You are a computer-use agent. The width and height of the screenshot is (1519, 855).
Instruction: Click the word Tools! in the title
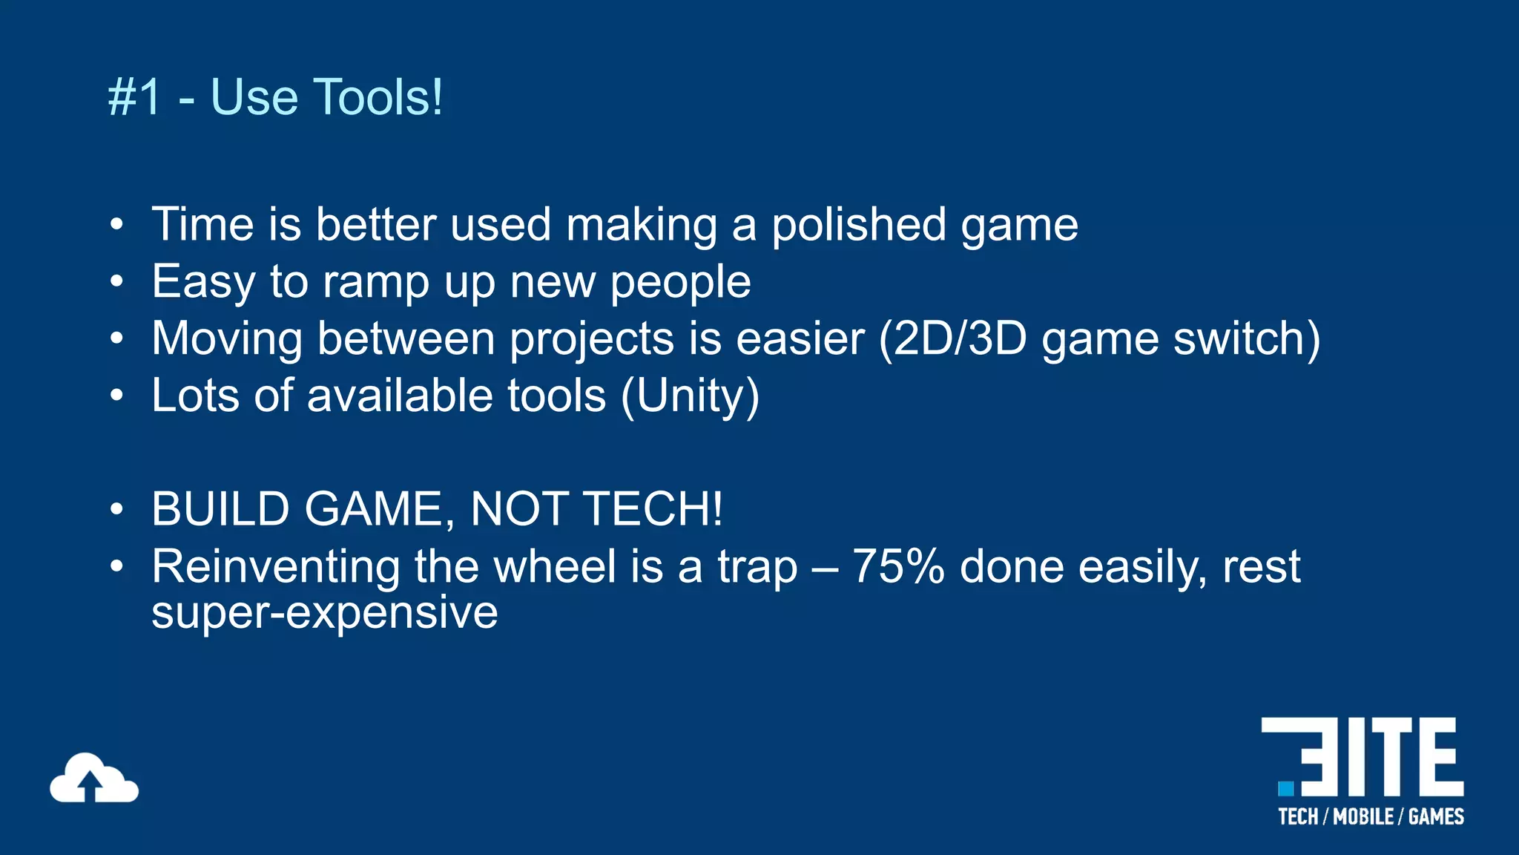click(379, 97)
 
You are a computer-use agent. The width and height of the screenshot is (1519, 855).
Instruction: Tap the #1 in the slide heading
click(134, 97)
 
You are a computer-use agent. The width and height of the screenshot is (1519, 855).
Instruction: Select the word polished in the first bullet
click(858, 225)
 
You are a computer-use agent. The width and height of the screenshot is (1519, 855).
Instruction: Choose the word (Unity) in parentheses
click(690, 396)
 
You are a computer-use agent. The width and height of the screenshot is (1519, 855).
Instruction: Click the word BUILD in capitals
click(220, 510)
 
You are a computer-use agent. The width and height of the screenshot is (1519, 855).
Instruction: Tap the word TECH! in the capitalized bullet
click(653, 510)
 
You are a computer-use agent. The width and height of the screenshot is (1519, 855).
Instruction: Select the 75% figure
click(898, 567)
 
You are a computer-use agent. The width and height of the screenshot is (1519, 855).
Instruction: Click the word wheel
click(555, 567)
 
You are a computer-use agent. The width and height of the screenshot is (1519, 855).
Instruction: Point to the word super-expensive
click(324, 613)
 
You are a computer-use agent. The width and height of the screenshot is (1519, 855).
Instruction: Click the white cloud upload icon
click(93, 779)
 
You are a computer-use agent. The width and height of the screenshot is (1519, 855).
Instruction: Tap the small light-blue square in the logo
click(1285, 787)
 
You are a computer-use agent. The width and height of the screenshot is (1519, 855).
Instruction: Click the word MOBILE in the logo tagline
click(1363, 817)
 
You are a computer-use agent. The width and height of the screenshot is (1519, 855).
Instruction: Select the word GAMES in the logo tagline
click(1436, 817)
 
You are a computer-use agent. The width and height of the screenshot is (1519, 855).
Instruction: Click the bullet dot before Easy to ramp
click(116, 282)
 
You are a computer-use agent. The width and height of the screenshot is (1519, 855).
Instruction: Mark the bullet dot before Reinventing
click(116, 567)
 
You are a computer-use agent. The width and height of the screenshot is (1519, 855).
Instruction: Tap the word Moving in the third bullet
click(227, 339)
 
